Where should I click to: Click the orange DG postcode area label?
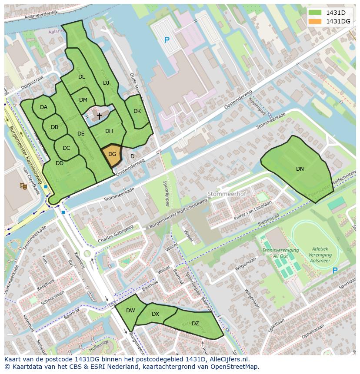[x=112, y=154]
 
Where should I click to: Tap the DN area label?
[x=300, y=169]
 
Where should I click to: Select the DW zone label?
[x=130, y=311]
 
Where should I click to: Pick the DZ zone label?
[x=195, y=323]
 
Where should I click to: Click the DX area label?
[x=155, y=314]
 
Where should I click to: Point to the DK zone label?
[x=137, y=111]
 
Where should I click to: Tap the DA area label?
[x=43, y=107]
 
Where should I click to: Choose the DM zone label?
[x=83, y=100]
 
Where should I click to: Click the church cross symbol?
[x=99, y=116]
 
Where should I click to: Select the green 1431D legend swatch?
[x=315, y=13]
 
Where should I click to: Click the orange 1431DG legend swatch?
[x=315, y=21]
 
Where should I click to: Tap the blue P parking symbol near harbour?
[x=167, y=40]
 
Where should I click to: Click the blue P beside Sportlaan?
[x=335, y=271]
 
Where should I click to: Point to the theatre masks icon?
[x=23, y=186]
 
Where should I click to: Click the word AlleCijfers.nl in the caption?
[x=227, y=359]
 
